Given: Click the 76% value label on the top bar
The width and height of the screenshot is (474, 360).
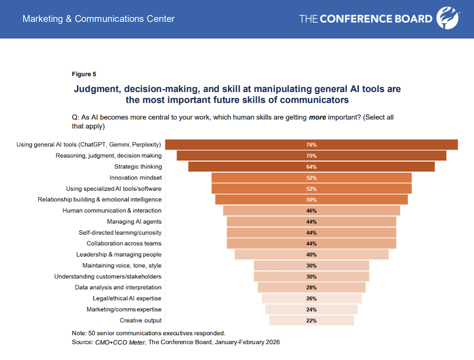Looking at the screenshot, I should coord(311,144).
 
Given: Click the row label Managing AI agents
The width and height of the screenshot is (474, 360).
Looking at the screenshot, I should coord(134,221).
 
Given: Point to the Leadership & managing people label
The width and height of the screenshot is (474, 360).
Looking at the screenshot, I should coord(119,254).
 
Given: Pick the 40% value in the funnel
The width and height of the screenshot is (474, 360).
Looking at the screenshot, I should coord(311,255).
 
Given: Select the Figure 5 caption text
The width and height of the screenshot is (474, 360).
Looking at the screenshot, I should coord(84,74).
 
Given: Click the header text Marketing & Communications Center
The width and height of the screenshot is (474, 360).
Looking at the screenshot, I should coord(99,19).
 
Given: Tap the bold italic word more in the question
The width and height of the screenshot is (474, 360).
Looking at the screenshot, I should coord(317,117).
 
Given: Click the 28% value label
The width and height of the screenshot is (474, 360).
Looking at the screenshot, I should coord(311,288).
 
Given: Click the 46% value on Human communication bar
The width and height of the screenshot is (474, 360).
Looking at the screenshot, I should coord(311,210).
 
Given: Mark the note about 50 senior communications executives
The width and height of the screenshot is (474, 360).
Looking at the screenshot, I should coord(148,333).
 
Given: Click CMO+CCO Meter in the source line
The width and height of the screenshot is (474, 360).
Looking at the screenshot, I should coord(116,342).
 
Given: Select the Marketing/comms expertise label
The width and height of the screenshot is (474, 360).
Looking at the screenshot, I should coord(124,309).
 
